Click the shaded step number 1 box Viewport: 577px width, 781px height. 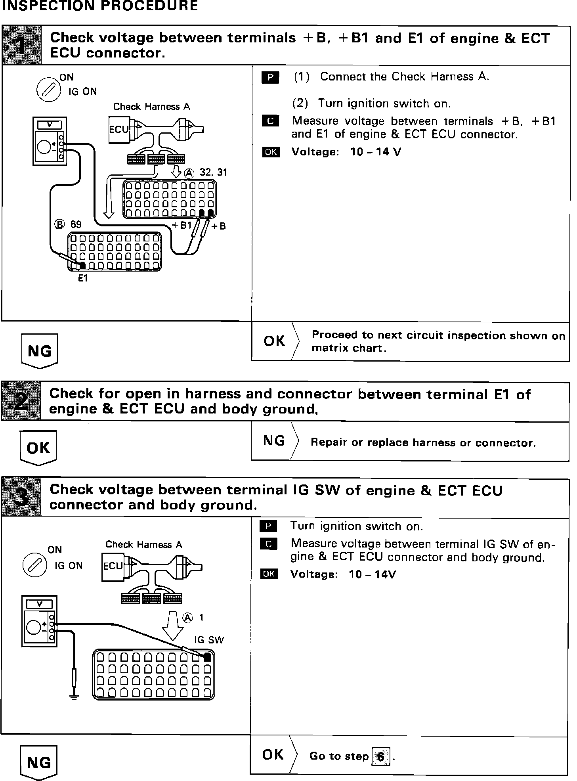click(22, 45)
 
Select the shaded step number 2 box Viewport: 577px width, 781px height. click(21, 401)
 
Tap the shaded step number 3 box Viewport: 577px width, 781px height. click(21, 497)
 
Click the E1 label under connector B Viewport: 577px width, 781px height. click(82, 279)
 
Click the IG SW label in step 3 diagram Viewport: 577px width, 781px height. click(209, 640)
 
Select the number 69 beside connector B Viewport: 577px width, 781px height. click(76, 224)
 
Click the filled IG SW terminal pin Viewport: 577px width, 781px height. click(207, 657)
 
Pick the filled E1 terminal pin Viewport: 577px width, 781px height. click(82, 265)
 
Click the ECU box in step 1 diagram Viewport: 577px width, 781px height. click(119, 130)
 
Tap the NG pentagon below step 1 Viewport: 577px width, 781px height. click(40, 351)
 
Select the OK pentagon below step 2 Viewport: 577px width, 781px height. click(38, 448)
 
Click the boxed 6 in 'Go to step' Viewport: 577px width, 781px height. click(380, 756)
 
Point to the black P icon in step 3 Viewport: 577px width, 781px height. click(268, 526)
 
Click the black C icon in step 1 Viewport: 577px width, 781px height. click(270, 121)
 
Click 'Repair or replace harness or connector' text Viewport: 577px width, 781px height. click(423, 442)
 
